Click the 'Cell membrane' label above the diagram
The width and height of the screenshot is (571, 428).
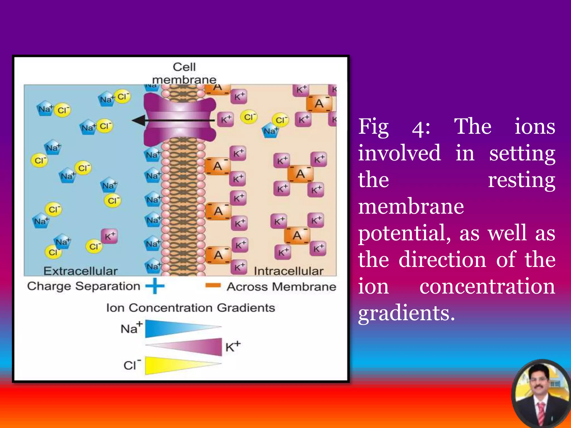click(x=184, y=73)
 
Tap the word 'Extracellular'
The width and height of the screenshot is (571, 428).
click(x=80, y=271)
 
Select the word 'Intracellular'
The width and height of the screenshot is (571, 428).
click(x=289, y=271)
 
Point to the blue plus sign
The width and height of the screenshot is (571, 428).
click(x=155, y=286)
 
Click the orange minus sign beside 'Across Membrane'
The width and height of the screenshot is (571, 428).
click(x=213, y=285)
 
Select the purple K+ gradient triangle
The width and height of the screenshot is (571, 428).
click(x=195, y=347)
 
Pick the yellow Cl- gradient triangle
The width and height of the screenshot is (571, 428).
click(x=173, y=365)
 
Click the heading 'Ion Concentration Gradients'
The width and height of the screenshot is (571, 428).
click(x=191, y=308)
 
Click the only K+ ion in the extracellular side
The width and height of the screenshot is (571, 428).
click(x=109, y=236)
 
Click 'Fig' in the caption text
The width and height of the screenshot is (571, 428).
click(x=373, y=127)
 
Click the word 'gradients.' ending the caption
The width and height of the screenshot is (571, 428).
click(x=407, y=313)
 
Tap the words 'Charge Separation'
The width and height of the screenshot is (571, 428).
click(x=84, y=286)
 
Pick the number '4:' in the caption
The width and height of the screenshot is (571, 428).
click(x=421, y=129)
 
